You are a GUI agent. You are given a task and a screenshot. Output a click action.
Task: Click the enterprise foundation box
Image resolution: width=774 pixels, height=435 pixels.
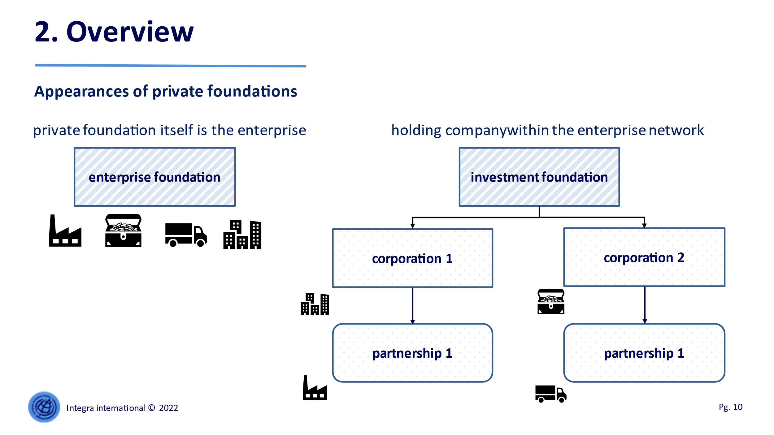point(155,177)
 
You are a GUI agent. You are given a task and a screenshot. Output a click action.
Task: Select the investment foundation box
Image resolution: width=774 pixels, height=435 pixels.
point(539,177)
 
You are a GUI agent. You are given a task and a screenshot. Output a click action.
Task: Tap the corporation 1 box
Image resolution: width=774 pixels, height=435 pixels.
point(413,258)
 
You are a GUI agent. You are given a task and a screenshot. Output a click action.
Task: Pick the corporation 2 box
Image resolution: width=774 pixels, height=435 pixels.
point(644,257)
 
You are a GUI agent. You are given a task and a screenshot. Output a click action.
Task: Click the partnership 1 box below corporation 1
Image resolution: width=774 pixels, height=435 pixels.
point(413,353)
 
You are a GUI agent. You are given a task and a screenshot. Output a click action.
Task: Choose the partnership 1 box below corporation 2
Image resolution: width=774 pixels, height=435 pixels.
point(644,353)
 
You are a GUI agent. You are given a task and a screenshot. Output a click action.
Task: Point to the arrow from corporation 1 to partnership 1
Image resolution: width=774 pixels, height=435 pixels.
point(413,306)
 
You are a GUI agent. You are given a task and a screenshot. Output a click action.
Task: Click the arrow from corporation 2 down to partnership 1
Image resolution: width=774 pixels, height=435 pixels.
point(645,305)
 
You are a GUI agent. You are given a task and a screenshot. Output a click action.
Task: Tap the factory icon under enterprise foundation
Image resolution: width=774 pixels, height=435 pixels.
point(65,230)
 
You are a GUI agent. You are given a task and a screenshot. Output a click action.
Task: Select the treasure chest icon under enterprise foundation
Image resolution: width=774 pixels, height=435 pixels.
point(123,230)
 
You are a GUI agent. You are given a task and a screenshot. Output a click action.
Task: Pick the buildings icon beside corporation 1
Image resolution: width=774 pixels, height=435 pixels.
point(315,304)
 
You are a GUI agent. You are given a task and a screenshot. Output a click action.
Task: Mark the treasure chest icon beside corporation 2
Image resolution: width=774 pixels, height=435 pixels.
point(551,302)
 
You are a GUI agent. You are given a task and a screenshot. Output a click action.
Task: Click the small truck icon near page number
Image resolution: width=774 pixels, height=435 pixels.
point(551,394)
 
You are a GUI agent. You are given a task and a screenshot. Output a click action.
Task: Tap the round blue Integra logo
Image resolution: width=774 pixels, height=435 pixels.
point(44,407)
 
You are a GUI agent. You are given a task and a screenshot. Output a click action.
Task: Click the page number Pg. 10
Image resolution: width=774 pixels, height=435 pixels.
point(731,407)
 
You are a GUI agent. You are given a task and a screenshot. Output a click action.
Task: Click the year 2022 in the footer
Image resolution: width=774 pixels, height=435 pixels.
point(169,408)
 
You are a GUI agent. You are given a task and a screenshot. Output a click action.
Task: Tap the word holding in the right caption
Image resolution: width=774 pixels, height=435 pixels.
point(416,131)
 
